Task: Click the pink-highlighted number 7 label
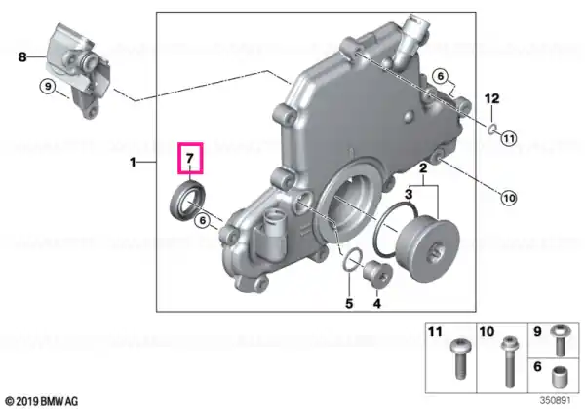[190, 159]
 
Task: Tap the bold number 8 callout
[22, 57]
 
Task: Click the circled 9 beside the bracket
[48, 87]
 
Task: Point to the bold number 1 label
[133, 162]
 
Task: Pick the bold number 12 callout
[491, 98]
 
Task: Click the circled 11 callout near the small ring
[509, 139]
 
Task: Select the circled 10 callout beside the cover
[509, 198]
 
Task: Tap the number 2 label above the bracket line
[423, 168]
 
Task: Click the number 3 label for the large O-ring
[409, 194]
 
